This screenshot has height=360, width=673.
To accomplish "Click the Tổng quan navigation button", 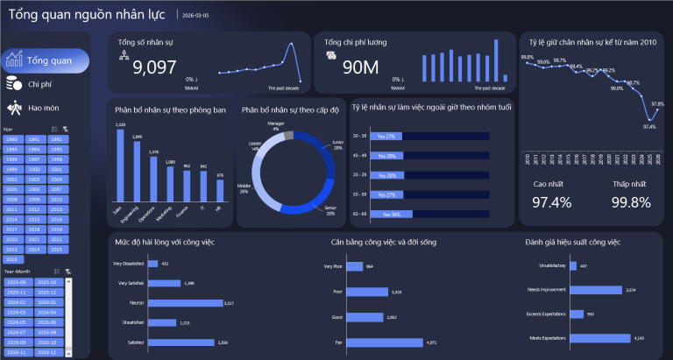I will [x=46, y=60].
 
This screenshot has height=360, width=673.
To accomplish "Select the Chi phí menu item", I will [x=39, y=84].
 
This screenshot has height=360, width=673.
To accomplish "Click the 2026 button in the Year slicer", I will [x=12, y=259].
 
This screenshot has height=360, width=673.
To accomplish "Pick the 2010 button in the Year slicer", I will [x=34, y=199].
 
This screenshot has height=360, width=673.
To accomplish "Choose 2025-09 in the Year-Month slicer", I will [x=17, y=282].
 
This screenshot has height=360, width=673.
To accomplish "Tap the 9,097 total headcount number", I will [x=154, y=68].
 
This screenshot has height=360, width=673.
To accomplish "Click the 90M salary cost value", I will [x=359, y=68].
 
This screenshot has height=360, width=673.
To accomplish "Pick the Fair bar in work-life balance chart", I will [x=386, y=342].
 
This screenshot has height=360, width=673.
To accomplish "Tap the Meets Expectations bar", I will [x=603, y=336].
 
